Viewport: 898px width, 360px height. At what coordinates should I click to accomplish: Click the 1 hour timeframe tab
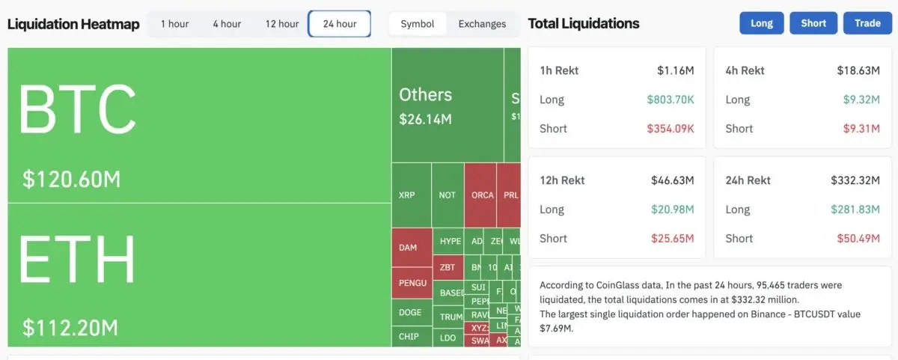(x=174, y=24)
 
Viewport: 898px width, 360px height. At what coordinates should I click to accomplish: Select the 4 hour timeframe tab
(x=227, y=24)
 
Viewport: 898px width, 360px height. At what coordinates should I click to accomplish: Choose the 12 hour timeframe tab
(x=282, y=24)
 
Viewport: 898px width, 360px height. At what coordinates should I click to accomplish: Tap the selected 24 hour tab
(x=340, y=24)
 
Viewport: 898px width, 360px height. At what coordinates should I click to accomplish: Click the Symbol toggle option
(x=418, y=24)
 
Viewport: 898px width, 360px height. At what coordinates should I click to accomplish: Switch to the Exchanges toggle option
(x=482, y=24)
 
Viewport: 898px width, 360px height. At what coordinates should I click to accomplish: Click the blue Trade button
(x=867, y=23)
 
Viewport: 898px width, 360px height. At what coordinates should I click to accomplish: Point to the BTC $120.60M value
(x=71, y=180)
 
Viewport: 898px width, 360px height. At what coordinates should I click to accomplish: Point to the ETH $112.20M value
(x=71, y=327)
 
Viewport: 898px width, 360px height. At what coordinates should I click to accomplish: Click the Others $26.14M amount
(x=425, y=119)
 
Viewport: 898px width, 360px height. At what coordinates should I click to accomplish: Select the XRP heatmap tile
(x=407, y=195)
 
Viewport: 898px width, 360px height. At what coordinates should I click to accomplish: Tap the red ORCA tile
(x=483, y=195)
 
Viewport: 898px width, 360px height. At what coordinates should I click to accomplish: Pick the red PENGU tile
(x=412, y=283)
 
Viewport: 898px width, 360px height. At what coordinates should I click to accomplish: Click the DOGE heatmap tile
(x=410, y=313)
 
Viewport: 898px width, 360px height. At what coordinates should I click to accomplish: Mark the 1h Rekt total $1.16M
(x=676, y=70)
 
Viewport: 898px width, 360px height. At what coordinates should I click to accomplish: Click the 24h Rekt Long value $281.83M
(x=855, y=210)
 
